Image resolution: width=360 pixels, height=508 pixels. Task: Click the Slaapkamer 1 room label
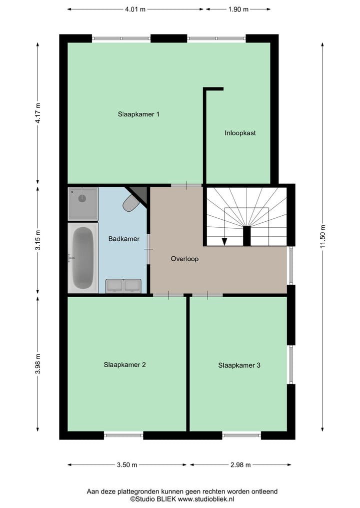[138, 114]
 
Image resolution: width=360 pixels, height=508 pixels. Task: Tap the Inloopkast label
[240, 133]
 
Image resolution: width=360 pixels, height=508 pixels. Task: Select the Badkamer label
[123, 239]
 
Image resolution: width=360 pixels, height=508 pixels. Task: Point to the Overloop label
[184, 259]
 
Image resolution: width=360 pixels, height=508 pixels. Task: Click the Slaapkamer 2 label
[124, 365]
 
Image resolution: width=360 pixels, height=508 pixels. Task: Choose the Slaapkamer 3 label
[239, 365]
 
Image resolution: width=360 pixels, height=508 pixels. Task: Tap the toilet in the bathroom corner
[131, 202]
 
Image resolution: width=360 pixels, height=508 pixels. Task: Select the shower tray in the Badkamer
[83, 203]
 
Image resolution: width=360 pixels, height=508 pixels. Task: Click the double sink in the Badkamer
[123, 285]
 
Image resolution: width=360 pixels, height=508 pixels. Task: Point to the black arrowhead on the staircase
[224, 241]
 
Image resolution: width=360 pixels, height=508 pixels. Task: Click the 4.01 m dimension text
[135, 9]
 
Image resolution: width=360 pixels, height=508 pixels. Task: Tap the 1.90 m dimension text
[238, 9]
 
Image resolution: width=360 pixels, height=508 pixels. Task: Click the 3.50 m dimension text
[127, 465]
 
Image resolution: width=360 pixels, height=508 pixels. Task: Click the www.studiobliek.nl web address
[206, 499]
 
